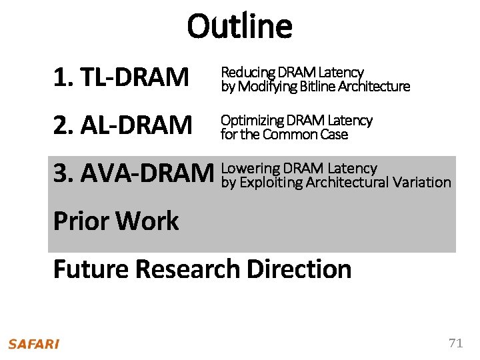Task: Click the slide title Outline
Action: tap(239, 27)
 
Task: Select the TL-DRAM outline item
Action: tap(121, 78)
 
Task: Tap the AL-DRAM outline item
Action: tap(123, 125)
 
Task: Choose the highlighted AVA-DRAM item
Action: tap(132, 173)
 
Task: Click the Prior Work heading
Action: tap(116, 221)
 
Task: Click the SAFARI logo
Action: tap(34, 344)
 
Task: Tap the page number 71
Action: tap(455, 343)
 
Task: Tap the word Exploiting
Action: tap(268, 182)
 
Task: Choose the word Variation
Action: tap(422, 182)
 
